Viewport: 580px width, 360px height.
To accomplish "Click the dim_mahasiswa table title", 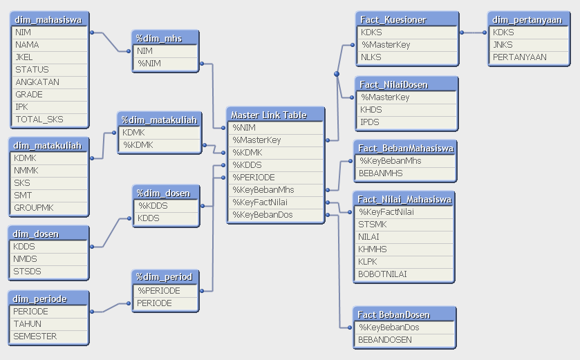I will click(48, 19).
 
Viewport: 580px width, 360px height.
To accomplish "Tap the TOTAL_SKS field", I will click(39, 120).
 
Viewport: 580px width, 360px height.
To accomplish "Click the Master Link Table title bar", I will click(269, 115).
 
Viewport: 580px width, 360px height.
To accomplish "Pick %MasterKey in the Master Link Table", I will click(256, 140).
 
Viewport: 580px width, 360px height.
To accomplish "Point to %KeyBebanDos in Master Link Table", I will click(263, 215).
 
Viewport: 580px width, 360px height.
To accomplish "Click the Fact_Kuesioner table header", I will click(393, 19).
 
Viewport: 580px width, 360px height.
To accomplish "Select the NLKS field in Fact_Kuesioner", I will click(371, 57).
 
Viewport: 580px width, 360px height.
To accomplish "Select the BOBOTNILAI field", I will click(383, 274).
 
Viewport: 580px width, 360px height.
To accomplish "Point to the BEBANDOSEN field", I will click(385, 340).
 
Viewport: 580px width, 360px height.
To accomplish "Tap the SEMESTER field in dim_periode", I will click(35, 337).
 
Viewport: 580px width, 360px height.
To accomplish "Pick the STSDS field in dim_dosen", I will click(28, 272).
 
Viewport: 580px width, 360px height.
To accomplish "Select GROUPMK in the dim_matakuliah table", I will click(34, 207).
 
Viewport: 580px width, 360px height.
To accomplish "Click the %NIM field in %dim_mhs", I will click(150, 64).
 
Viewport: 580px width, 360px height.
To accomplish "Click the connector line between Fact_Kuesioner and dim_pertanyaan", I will click(473, 32).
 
